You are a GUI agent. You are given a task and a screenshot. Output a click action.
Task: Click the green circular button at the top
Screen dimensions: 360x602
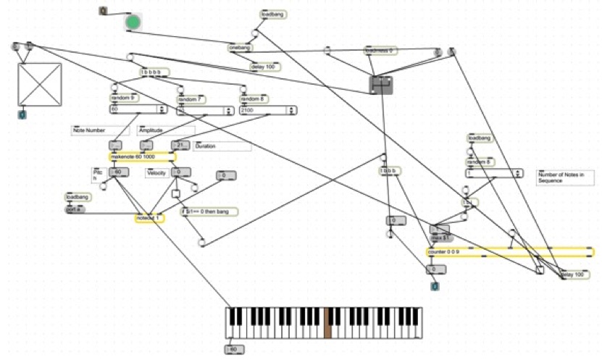[133, 22]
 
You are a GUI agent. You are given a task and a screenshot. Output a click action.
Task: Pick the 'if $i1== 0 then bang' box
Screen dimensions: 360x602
[210, 212]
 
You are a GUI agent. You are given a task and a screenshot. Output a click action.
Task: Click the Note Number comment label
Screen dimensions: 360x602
[89, 130]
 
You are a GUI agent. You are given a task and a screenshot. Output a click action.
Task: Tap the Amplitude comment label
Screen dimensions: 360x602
[153, 130]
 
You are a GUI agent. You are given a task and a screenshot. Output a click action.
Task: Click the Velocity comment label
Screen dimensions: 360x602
[157, 172]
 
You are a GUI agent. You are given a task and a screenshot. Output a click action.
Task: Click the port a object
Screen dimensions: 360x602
[75, 209]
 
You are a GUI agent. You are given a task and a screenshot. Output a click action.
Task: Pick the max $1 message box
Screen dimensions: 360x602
[441, 237]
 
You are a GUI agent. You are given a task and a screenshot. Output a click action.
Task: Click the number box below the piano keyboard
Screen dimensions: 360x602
[234, 349]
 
